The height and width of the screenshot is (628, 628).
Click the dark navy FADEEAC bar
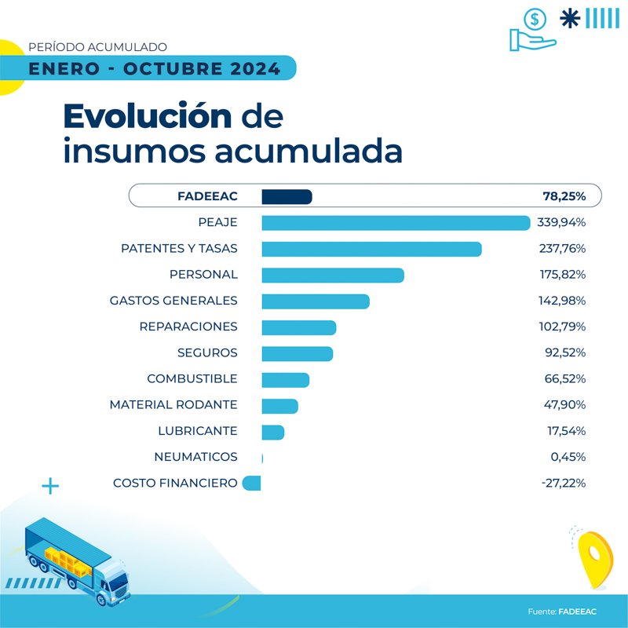[287, 196]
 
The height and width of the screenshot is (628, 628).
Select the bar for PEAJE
[396, 223]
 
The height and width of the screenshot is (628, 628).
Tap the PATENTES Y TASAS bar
[371, 249]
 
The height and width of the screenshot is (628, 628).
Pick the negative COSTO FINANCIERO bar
[252, 484]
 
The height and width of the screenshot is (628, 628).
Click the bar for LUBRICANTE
[272, 432]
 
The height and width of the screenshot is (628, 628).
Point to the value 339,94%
[561, 223]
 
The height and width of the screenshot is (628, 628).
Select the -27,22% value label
[563, 484]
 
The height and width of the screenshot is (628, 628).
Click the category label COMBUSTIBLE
[192, 379]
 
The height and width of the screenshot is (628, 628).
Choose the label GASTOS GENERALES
[173, 301]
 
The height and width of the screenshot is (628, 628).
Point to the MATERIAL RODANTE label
[173, 405]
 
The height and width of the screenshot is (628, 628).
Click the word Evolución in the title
[148, 117]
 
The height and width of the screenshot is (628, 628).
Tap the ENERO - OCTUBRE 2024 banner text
[154, 68]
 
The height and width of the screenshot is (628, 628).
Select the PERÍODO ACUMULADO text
[97, 48]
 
